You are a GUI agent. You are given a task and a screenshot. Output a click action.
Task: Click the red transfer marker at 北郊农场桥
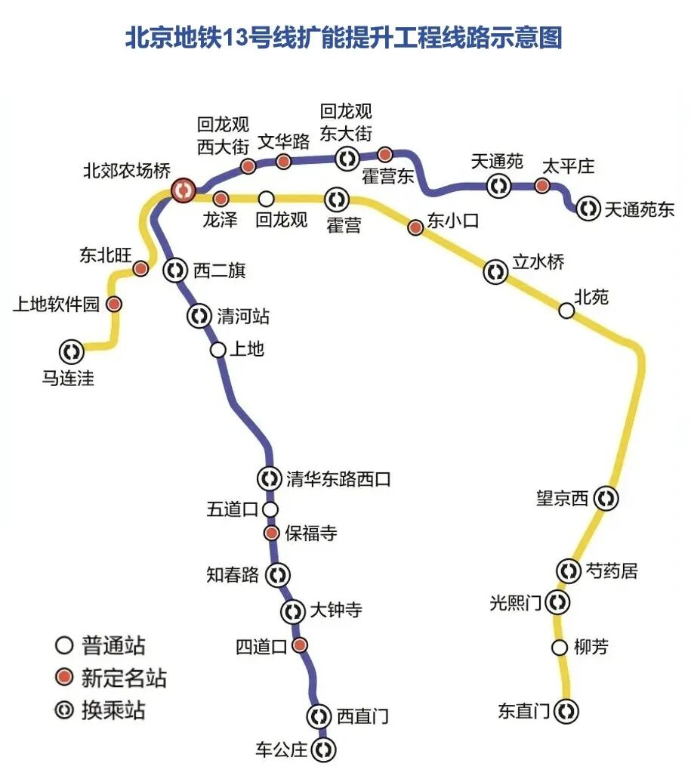click(182, 190)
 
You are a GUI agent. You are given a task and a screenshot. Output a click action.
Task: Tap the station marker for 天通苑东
click(588, 209)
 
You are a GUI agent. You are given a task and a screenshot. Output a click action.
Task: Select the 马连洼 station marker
click(72, 351)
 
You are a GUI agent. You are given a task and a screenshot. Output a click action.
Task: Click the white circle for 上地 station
click(217, 350)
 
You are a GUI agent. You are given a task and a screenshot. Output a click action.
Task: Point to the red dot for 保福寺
click(272, 533)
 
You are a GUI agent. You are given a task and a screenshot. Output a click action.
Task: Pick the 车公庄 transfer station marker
click(324, 750)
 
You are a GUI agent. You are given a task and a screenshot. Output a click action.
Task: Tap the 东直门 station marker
click(566, 710)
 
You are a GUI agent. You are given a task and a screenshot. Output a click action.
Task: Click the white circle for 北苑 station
click(566, 311)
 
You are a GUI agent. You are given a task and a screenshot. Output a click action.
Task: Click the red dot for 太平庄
click(541, 185)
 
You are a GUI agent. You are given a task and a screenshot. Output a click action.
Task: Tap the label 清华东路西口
click(338, 478)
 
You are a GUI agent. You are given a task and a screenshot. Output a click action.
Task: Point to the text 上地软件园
click(56, 305)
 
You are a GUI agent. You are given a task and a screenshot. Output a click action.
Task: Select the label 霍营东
click(388, 177)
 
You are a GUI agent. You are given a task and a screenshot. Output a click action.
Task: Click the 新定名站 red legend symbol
click(65, 677)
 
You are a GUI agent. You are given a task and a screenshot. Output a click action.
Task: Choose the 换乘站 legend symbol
click(65, 710)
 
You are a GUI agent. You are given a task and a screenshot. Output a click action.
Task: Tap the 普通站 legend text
click(113, 646)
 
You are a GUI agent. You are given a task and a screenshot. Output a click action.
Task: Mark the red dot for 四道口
click(300, 645)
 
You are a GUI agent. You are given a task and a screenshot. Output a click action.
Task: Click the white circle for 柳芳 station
click(560, 648)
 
